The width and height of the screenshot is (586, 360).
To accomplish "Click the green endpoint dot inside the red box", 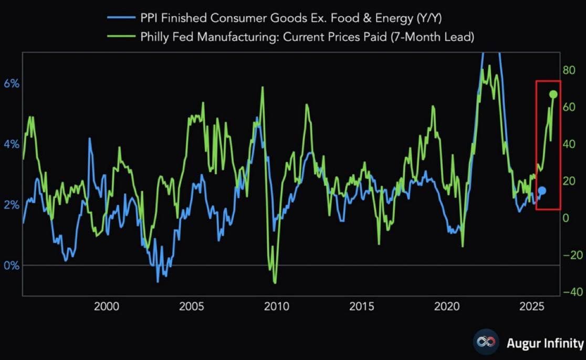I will click(553, 94).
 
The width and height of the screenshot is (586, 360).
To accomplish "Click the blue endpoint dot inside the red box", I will click(542, 190).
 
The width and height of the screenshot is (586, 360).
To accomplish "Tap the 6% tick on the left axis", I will click(12, 84).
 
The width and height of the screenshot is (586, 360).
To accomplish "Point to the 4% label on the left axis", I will click(12, 144).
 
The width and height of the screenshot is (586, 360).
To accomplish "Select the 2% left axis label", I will click(12, 205).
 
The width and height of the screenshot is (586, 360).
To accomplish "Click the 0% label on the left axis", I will click(12, 266).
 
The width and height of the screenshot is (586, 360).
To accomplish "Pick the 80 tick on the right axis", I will click(569, 70).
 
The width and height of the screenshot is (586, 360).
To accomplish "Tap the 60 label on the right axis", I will click(569, 107).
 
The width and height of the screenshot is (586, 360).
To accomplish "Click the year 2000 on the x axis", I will click(106, 306).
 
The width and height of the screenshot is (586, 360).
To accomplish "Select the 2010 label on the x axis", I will click(277, 306).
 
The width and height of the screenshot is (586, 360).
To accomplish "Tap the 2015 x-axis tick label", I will click(362, 306).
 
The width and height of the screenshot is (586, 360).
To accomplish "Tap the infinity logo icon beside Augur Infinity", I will click(486, 343).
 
